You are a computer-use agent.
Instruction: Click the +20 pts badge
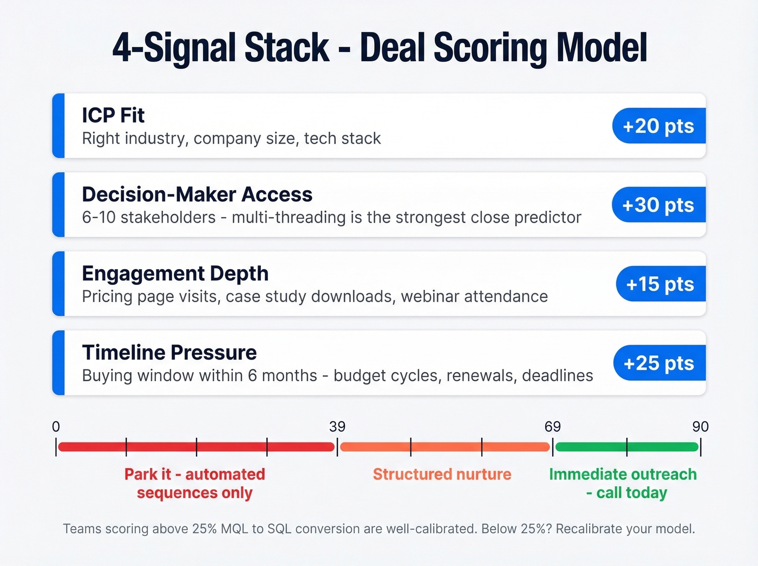[x=658, y=126]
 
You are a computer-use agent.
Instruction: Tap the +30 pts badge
[x=658, y=205]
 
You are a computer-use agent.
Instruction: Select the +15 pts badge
[x=660, y=284]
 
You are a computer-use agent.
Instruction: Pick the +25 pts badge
[x=659, y=363]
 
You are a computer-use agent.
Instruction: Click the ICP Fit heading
[x=113, y=115]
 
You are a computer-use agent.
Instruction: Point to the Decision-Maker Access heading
[x=197, y=194]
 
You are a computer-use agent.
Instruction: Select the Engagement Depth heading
[x=175, y=274]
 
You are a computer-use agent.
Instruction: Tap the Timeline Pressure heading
[x=169, y=353]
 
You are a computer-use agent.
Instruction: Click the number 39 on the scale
[x=337, y=427]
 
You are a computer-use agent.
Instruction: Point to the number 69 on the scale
[x=552, y=427]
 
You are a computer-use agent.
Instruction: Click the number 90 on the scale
[x=700, y=427]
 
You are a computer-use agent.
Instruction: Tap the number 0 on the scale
[x=56, y=427]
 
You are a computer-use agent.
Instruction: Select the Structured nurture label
[x=442, y=474]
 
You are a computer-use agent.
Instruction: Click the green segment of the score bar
[x=626, y=447]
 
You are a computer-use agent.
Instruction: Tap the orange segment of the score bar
[x=445, y=447]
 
